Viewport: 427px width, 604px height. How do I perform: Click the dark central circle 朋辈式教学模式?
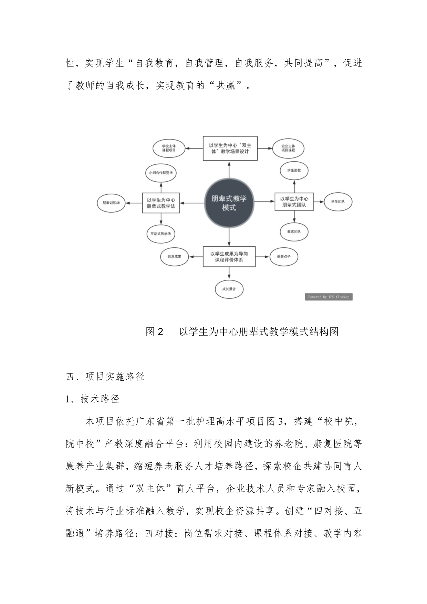point(229,203)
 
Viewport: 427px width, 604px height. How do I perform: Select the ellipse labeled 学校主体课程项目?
point(169,149)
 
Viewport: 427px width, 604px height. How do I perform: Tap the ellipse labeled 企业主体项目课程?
point(288,149)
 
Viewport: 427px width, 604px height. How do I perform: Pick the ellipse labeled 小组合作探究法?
point(161,173)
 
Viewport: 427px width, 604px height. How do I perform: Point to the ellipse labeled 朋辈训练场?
point(111,203)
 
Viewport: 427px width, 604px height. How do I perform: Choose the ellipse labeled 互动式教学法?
point(161,234)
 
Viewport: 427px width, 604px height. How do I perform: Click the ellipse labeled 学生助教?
point(294,171)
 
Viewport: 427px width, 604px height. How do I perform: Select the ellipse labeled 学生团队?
point(338,202)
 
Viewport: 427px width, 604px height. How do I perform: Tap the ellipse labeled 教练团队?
point(294,232)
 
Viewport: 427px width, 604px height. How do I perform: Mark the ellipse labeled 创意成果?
point(175,257)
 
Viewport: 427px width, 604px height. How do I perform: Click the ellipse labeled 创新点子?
point(284,257)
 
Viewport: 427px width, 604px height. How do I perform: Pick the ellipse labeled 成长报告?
point(229,289)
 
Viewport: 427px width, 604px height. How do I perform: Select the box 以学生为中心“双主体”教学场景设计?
point(230,149)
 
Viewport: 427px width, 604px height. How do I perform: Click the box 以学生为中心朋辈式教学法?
point(161,203)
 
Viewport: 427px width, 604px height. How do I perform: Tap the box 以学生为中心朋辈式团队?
point(294,202)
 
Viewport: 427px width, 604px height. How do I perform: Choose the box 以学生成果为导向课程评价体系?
point(229,257)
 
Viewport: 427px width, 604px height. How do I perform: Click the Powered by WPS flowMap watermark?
point(329,297)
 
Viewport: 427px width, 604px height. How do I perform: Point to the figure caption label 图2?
point(154,331)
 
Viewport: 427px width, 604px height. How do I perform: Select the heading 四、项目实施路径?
point(105,377)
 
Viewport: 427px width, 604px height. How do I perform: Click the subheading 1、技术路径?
point(93,399)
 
